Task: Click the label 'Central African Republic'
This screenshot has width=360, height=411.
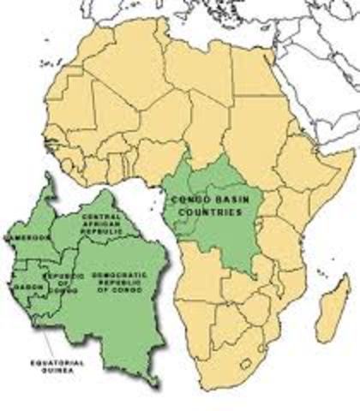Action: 105,224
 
